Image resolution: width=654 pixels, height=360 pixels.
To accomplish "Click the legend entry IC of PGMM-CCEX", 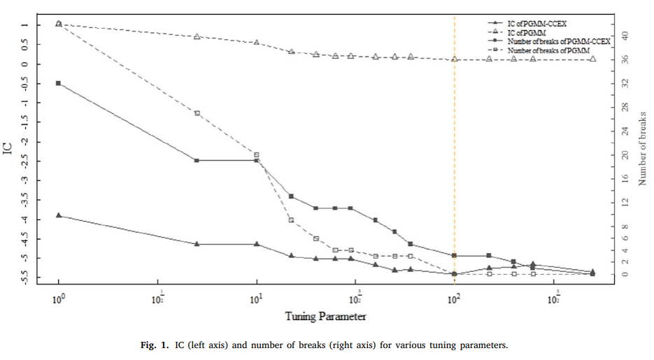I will [536, 23].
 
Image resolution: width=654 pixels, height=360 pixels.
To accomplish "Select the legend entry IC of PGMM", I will [528, 32].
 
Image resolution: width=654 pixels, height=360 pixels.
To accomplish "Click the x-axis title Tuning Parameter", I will [325, 317].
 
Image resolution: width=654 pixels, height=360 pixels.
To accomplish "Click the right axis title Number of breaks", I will [642, 147].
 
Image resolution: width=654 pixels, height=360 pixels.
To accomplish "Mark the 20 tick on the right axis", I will [626, 154].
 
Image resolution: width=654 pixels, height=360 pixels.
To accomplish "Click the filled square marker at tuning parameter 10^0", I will [59, 83].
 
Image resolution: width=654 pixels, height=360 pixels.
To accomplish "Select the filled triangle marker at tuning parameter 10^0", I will [59, 215].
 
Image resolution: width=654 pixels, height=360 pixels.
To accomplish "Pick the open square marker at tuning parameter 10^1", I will [257, 154].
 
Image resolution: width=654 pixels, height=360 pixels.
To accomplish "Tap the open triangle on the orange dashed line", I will [455, 59].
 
